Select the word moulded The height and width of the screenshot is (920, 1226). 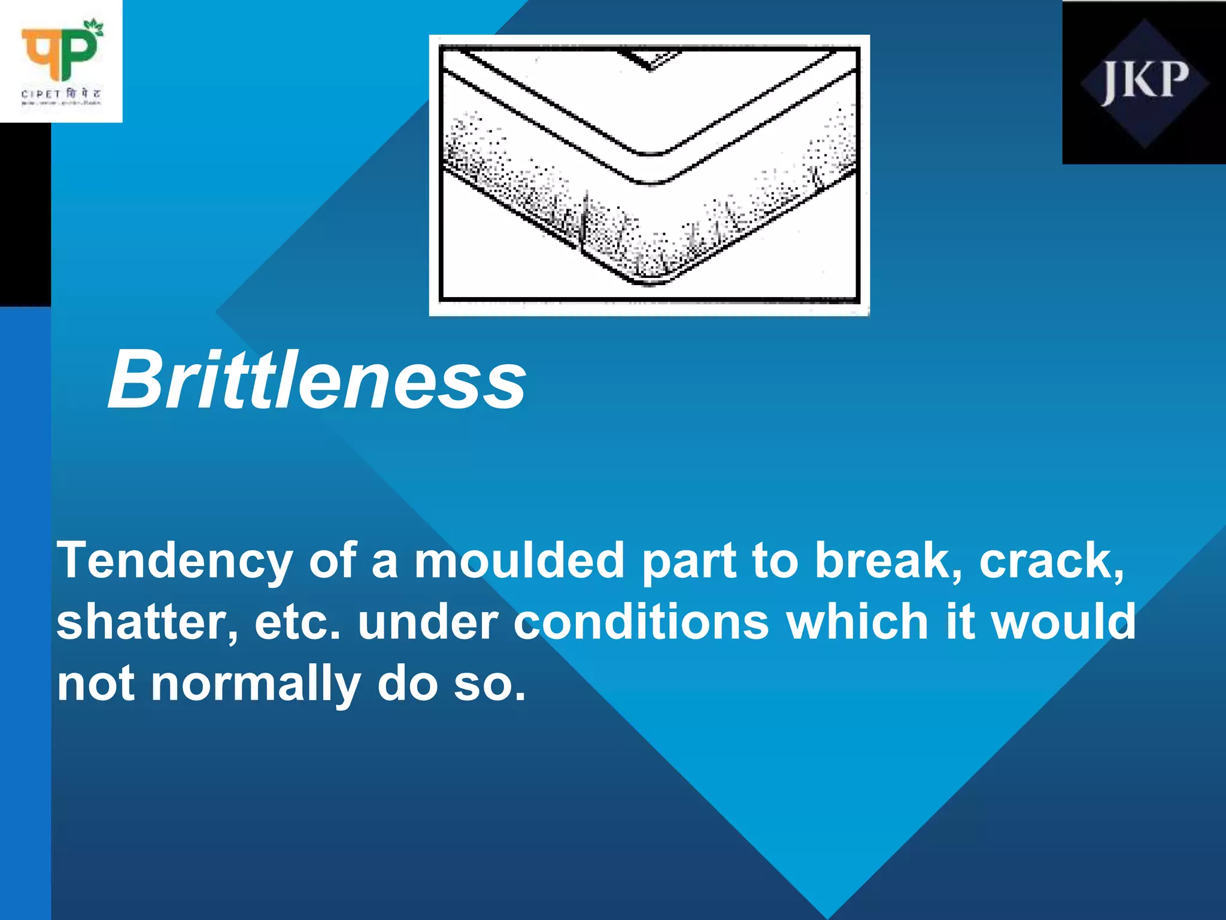[x=519, y=560]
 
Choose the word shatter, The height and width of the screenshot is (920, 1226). [x=147, y=623]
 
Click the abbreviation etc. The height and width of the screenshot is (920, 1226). [x=297, y=623]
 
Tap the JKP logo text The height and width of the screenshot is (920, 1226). [x=1144, y=82]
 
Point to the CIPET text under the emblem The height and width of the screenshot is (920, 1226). [x=41, y=95]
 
